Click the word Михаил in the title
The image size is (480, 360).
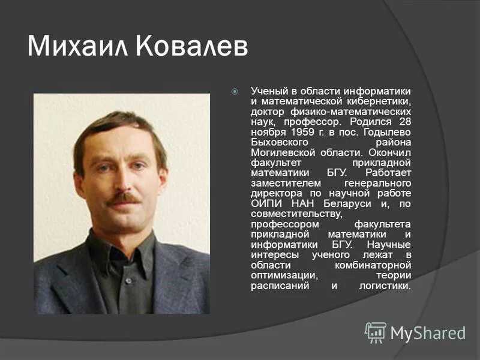(x=77, y=46)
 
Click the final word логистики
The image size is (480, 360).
(x=385, y=286)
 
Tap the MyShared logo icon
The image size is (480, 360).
(x=376, y=332)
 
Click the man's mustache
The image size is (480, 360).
(x=125, y=197)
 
